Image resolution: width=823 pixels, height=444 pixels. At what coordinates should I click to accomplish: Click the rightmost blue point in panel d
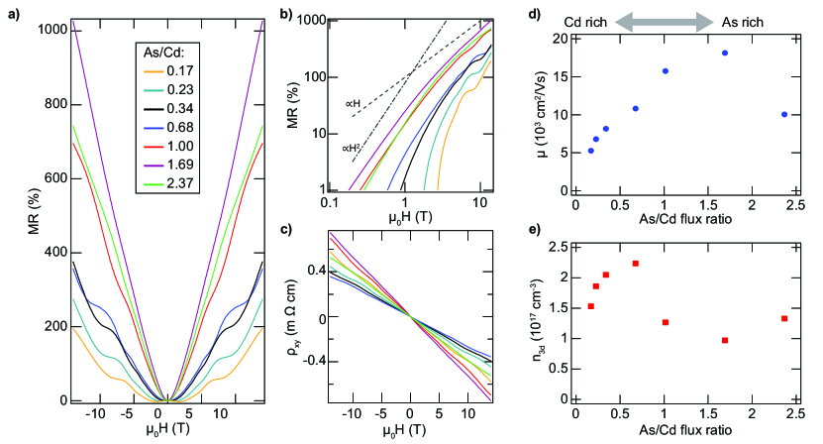coord(784,114)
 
